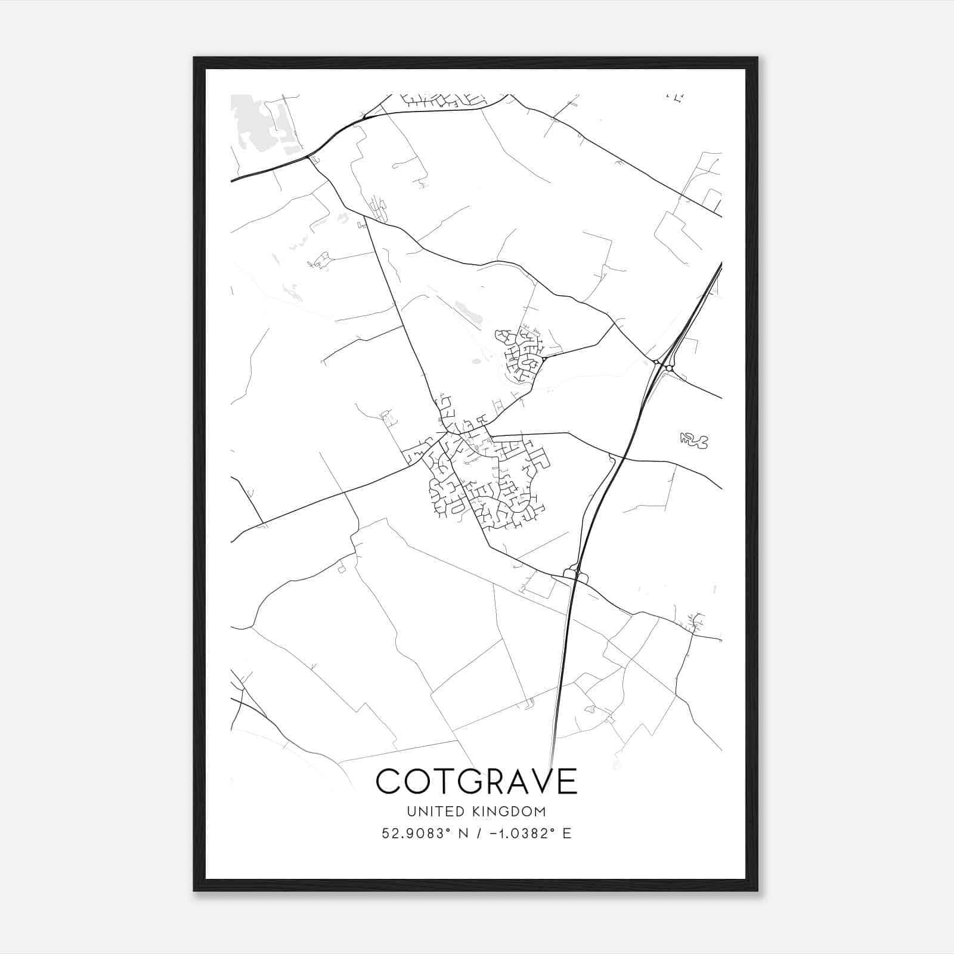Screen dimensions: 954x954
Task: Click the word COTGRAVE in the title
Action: [476, 781]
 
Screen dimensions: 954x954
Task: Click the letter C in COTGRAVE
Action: [388, 781]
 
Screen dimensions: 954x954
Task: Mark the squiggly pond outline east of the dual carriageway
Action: [693, 441]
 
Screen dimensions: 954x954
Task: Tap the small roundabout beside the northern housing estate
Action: [544, 359]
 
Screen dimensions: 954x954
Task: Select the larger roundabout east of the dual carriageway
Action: [670, 368]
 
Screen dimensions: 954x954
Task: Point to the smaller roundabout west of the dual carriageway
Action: [656, 362]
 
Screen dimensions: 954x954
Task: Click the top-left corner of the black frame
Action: [194, 58]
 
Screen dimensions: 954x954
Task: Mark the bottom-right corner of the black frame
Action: [757, 890]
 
